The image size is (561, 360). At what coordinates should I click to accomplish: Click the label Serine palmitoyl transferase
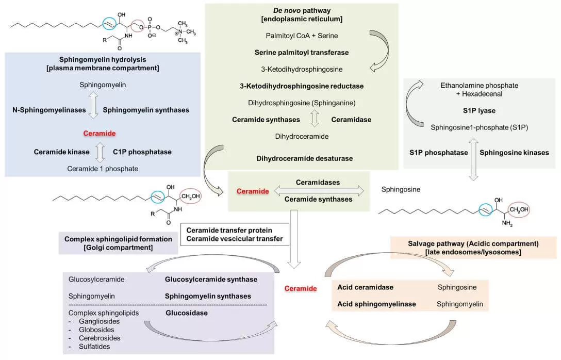click(x=302, y=52)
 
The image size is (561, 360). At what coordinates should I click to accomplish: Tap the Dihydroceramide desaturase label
click(x=304, y=158)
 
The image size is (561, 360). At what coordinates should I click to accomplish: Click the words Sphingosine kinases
click(x=514, y=153)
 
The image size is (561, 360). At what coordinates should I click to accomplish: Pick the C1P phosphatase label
click(x=142, y=152)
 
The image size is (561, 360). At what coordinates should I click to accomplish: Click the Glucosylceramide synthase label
click(x=211, y=279)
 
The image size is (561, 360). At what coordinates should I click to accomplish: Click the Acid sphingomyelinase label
click(x=376, y=304)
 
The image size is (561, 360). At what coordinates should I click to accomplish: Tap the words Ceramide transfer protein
click(x=229, y=230)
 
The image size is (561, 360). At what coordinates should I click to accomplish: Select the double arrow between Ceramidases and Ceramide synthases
click(x=319, y=191)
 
